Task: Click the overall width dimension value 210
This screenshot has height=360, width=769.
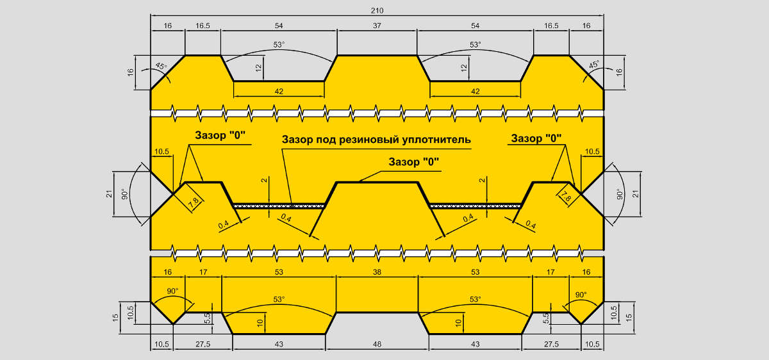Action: pos(377,11)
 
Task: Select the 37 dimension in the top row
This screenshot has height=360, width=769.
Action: pos(377,26)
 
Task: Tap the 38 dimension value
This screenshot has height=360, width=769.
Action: pos(377,272)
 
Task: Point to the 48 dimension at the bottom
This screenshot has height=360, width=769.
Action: pos(377,344)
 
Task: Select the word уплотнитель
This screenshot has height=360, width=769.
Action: pos(436,140)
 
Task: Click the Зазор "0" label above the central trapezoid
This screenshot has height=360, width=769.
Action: pos(414,161)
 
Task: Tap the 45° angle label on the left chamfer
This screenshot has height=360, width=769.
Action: pos(161,66)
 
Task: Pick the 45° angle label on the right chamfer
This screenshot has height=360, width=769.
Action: pos(593,65)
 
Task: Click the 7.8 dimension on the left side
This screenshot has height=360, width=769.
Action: pos(194,202)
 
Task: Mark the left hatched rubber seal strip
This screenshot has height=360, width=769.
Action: pos(279,206)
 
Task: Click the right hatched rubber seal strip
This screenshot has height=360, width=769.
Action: pos(475,206)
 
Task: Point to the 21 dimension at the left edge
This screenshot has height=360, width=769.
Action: pos(109,194)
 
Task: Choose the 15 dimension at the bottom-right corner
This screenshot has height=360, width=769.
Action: pos(629,318)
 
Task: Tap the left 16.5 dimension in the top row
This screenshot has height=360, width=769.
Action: pos(203,26)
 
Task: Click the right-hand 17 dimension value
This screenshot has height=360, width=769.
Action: pos(550,272)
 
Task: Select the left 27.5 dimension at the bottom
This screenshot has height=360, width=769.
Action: pos(203,344)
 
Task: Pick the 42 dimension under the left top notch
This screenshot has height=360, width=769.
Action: pos(279,92)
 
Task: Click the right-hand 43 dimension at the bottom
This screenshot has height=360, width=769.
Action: pos(475,344)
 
